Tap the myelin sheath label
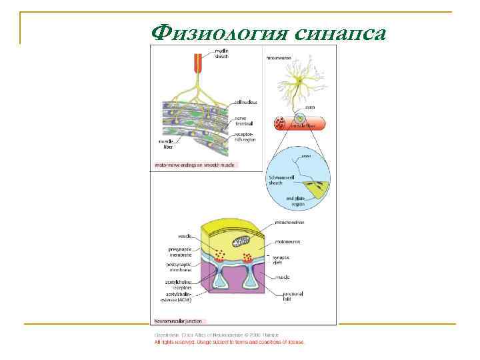click(221, 54)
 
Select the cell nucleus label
click(246, 102)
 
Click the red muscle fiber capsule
click(299, 123)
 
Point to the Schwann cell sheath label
click(279, 182)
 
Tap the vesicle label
click(185, 236)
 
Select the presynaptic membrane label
click(180, 251)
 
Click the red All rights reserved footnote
click(230, 342)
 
